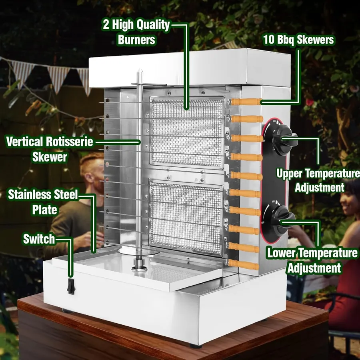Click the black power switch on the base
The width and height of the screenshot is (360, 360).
coord(71,286)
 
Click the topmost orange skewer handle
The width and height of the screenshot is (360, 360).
coord(246,102)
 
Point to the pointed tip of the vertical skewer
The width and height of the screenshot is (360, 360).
coord(140,70)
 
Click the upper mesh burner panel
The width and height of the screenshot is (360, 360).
coord(187,132)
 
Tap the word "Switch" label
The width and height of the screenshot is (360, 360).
coord(39,239)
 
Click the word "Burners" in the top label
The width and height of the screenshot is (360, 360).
coord(137,40)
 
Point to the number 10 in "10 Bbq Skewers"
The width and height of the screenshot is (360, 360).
coord(269,39)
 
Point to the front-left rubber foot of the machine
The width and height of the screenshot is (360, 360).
coord(68,311)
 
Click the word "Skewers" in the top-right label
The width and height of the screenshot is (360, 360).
coord(315,40)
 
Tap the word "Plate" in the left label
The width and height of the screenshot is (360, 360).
coord(44,210)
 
